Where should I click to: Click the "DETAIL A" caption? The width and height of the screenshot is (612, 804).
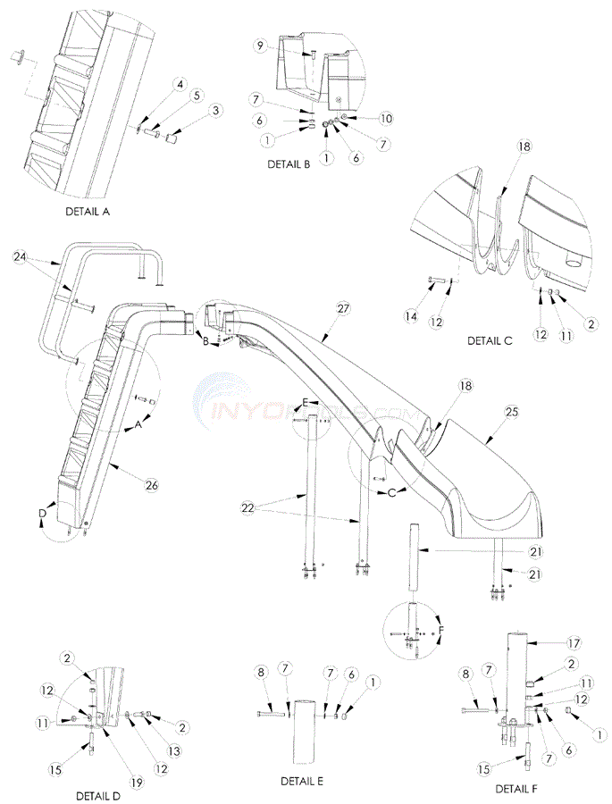click(x=93, y=213)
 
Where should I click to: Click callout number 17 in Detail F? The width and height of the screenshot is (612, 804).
click(x=575, y=642)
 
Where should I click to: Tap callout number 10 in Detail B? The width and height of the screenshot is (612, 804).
click(x=387, y=119)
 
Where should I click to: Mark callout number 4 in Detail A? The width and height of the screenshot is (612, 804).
click(x=180, y=85)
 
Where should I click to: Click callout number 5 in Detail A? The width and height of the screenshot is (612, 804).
click(x=197, y=95)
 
